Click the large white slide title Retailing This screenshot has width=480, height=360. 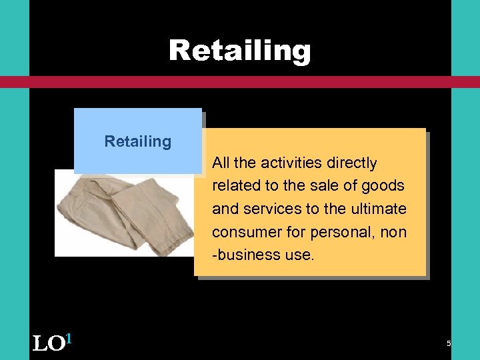[x=239, y=51]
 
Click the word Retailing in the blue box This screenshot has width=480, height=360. [x=138, y=141]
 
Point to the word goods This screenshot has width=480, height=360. [x=385, y=186]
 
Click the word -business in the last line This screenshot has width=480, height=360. [x=243, y=255]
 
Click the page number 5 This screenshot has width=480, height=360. [x=449, y=343]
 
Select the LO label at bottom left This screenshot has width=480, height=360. [x=47, y=344]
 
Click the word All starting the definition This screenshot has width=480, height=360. [x=221, y=163]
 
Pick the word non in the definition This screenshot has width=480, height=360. [x=393, y=232]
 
